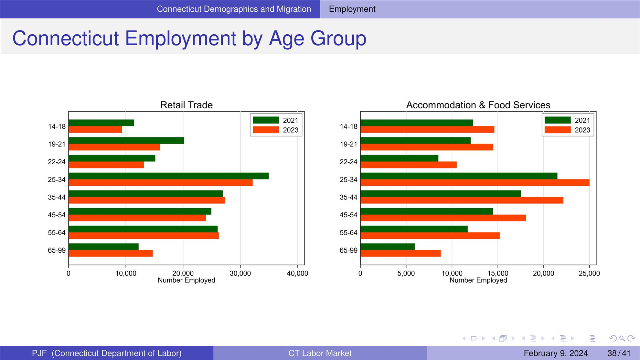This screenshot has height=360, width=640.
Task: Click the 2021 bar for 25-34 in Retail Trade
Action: (x=169, y=176)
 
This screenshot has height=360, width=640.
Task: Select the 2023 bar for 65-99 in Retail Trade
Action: (x=111, y=253)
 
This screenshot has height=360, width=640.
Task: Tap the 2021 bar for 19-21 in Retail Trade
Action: (x=126, y=141)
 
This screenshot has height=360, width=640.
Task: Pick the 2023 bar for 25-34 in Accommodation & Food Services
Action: (x=475, y=182)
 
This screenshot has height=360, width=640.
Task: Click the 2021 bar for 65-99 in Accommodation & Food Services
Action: (x=388, y=247)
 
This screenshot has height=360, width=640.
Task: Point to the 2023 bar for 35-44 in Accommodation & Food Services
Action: (x=462, y=200)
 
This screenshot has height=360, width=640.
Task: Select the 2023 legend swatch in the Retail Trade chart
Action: (x=266, y=130)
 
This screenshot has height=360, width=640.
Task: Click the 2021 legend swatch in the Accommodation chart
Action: (x=558, y=120)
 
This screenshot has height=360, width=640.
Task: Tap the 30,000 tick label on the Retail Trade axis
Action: (x=240, y=274)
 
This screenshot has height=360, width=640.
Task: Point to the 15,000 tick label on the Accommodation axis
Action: (x=498, y=274)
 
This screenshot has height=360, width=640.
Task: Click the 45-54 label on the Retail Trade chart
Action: (x=57, y=215)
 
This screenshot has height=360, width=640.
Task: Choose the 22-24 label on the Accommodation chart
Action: (x=348, y=162)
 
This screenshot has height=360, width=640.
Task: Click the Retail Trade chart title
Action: (x=187, y=105)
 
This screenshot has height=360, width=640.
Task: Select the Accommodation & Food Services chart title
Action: (x=478, y=105)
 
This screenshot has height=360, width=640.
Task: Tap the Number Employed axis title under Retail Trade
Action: (x=187, y=280)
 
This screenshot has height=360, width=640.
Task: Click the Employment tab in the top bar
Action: (x=352, y=9)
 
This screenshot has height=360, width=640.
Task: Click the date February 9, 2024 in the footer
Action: (x=556, y=353)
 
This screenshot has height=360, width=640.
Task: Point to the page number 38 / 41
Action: (x=619, y=353)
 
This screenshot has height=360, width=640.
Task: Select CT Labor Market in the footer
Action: (x=320, y=353)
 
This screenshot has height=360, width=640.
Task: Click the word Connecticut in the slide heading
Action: (x=66, y=38)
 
